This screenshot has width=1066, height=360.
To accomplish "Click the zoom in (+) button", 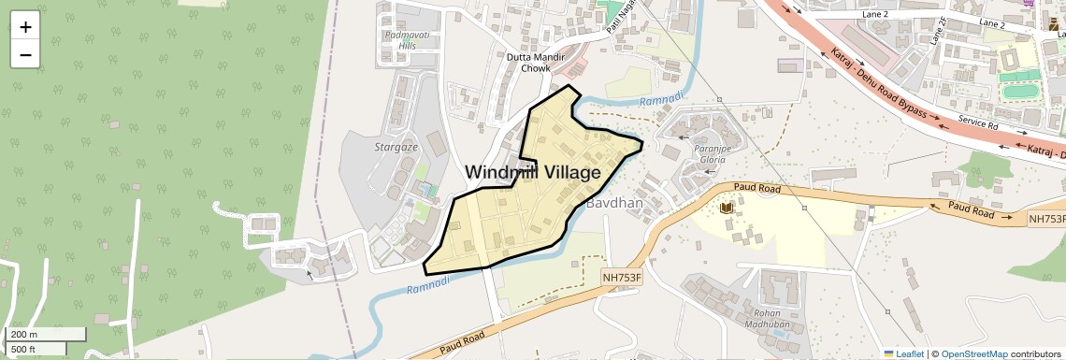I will tap(25, 26).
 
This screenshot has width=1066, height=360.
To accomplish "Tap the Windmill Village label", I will tap(532, 173).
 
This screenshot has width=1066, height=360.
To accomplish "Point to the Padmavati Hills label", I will tap(394, 39).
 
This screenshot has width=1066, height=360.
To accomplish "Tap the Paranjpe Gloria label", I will tap(708, 153).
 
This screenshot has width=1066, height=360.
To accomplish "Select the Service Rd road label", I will tap(979, 123).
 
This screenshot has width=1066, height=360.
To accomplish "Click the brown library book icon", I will tap(727, 206).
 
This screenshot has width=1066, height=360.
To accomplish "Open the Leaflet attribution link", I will tap(903, 353).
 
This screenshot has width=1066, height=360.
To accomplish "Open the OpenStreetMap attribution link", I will tap(973, 353).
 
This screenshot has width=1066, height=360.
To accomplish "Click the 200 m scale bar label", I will tap(25, 335).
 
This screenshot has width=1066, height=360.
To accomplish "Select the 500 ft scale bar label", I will tap(24, 349).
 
